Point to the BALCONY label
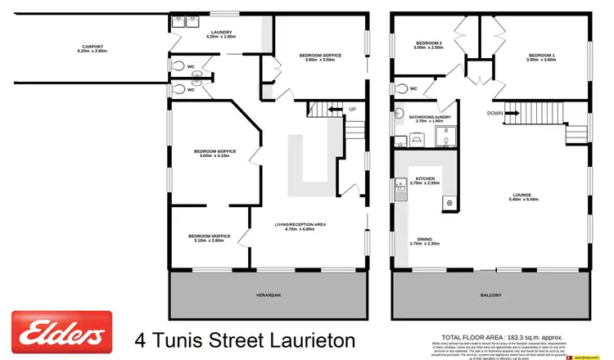(490, 295)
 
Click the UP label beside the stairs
(352, 109)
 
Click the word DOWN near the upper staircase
(494, 113)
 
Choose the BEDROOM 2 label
(428, 43)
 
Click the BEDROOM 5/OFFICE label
(210, 236)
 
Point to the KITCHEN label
(424, 178)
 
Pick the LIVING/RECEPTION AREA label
(300, 223)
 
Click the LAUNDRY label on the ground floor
(200, 32)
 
